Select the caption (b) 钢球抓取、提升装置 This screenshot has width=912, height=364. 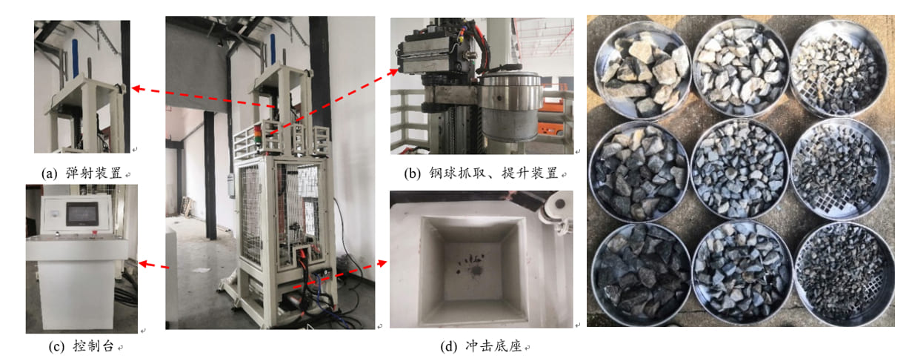click(482, 173)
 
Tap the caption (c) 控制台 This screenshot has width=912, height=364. click(81, 346)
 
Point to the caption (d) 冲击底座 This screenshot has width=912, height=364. click(482, 346)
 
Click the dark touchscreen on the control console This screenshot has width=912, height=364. click(82, 214)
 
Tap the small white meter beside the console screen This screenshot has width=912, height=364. click(54, 213)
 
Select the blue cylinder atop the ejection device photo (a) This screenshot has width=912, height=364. click(76, 57)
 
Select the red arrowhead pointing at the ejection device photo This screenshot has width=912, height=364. click(137, 88)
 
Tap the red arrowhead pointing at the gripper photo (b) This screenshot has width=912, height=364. click(393, 72)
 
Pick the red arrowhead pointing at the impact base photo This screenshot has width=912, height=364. click(382, 262)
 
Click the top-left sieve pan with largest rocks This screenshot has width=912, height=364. click(642, 70)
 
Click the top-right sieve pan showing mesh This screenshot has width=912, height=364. click(838, 68)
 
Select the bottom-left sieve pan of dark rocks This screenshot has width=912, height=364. click(641, 274)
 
